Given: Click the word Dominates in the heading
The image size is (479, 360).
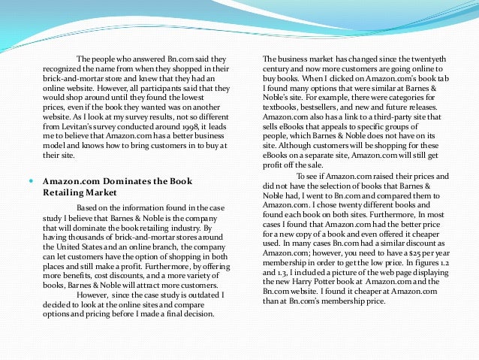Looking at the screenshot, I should point(117,181).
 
